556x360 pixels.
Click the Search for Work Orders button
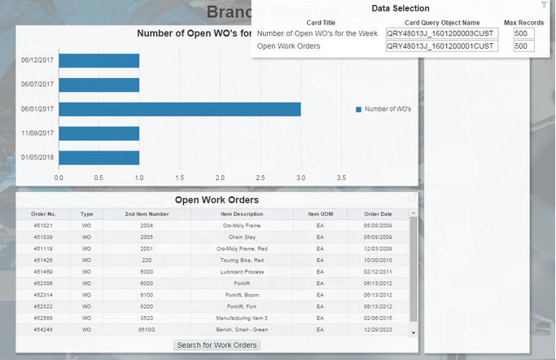click(217, 345)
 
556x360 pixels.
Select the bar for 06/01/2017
click(179, 109)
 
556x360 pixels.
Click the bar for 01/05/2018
click(99, 158)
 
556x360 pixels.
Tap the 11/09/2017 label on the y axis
click(37, 134)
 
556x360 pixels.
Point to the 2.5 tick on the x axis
click(260, 176)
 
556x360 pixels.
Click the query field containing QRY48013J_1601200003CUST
click(440, 33)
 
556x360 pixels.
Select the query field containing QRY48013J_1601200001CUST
click(440, 46)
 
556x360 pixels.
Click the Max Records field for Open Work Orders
click(523, 46)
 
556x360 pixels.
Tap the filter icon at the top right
click(544, 6)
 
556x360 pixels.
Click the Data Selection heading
click(401, 8)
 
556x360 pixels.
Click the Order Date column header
click(378, 213)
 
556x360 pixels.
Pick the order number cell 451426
click(43, 260)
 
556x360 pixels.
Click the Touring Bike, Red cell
click(242, 260)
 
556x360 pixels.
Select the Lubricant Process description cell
click(242, 271)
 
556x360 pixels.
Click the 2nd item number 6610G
click(147, 329)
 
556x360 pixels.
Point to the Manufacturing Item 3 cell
click(242, 318)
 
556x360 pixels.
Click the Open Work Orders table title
click(217, 200)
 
